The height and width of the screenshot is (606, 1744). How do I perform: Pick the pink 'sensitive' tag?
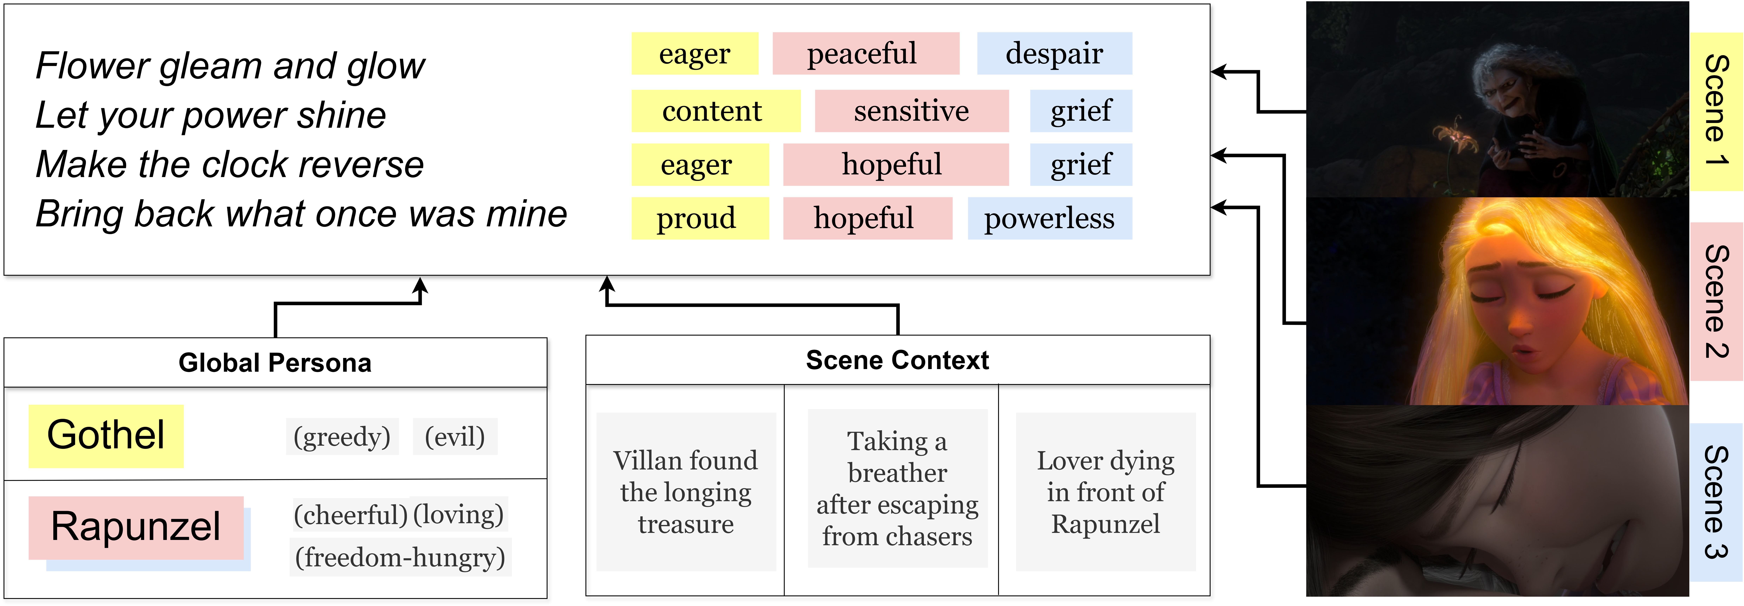pyautogui.click(x=911, y=111)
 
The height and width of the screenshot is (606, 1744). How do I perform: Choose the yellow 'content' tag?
pyautogui.click(x=716, y=111)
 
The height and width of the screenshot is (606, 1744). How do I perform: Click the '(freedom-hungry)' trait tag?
pyautogui.click(x=400, y=557)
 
